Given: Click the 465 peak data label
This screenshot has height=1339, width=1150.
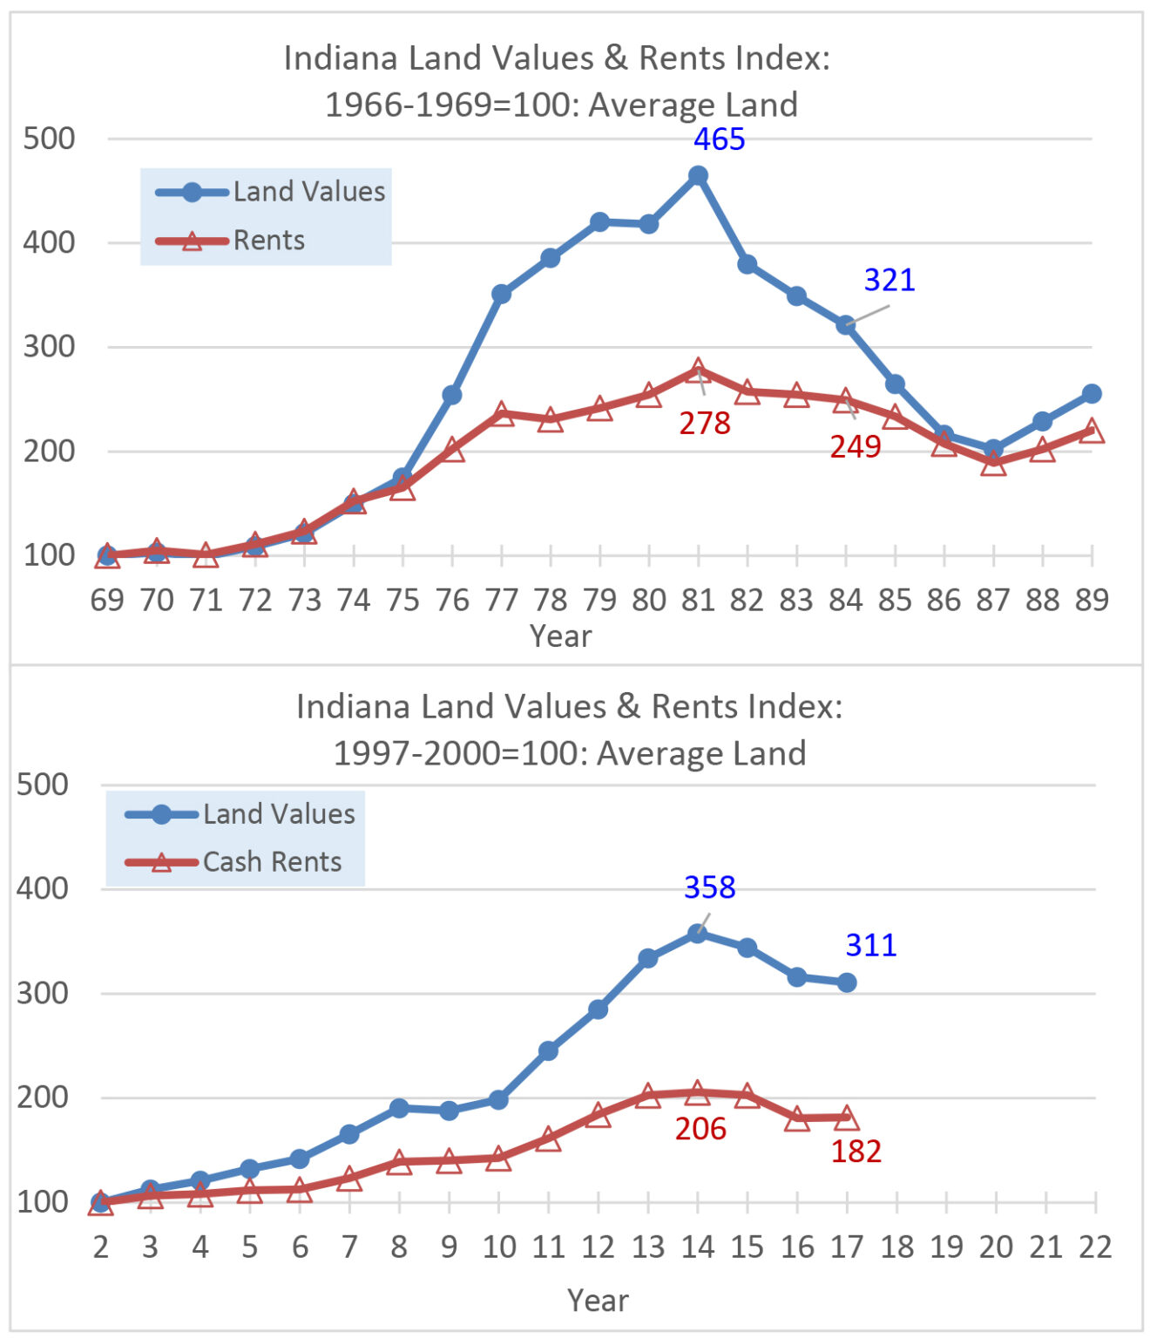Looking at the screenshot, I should (x=719, y=139).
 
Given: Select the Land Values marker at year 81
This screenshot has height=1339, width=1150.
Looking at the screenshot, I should (x=698, y=175).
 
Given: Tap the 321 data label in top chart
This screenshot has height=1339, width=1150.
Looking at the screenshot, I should (x=889, y=280).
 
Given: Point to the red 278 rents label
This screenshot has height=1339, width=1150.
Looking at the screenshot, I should (x=705, y=424).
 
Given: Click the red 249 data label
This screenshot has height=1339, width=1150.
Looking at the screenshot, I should (x=855, y=447).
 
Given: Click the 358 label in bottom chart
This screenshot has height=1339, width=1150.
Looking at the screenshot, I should (x=709, y=887).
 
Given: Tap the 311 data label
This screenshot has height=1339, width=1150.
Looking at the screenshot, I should (x=870, y=946).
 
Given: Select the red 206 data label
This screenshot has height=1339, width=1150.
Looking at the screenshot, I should (x=700, y=1129).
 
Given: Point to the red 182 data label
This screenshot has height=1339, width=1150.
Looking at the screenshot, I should (x=856, y=1152).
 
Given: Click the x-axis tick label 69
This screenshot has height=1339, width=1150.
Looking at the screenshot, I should (x=107, y=601).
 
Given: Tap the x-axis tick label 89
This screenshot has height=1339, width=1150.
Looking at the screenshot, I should (x=1091, y=601).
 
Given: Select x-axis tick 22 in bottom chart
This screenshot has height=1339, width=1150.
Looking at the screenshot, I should (x=1095, y=1247).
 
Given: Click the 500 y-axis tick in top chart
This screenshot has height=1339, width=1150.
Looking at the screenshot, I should (x=49, y=139).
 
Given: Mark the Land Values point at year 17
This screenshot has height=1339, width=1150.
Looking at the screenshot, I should (x=847, y=982).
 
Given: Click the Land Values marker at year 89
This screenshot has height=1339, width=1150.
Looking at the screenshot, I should (x=1092, y=394).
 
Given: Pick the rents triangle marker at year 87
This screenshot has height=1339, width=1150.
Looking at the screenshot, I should (x=993, y=463).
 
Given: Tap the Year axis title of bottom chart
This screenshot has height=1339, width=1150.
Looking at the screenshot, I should (x=598, y=1301).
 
